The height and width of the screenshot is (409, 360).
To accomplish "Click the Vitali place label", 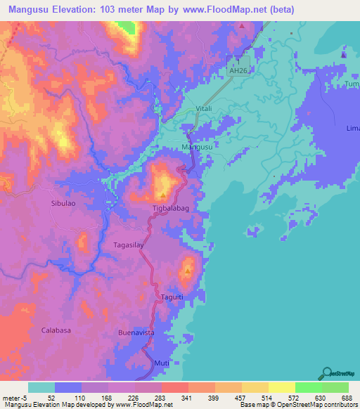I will pyautogui.click(x=204, y=108).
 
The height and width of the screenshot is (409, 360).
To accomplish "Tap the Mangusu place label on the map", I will pyautogui.click(x=197, y=146).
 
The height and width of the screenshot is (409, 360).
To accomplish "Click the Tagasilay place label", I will pyautogui.click(x=129, y=245).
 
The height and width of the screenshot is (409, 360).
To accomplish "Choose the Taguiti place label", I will pyautogui.click(x=172, y=297).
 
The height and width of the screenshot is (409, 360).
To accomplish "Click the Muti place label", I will pyautogui.click(x=162, y=363).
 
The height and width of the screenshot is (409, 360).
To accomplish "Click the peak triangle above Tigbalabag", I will pyautogui.click(x=163, y=195).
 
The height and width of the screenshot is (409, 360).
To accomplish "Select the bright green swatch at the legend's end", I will pyautogui.click(x=335, y=387).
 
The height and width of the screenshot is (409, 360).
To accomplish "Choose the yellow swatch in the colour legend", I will pyautogui.click(x=281, y=387).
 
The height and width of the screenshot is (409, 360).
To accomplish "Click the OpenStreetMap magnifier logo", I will pyautogui.click(x=326, y=372).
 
